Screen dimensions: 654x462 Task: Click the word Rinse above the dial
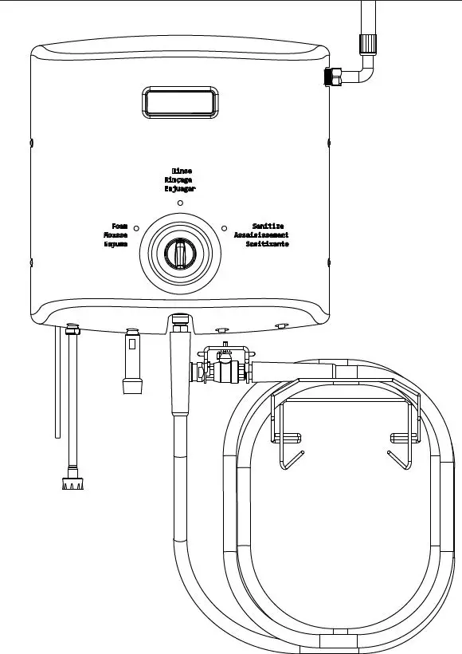pos(182,171)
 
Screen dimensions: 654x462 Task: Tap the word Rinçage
pos(181,180)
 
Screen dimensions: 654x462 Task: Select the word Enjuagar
pos(180,190)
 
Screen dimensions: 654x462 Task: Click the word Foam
pos(120,227)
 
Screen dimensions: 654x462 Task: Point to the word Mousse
pos(116,235)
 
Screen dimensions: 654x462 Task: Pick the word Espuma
pos(116,244)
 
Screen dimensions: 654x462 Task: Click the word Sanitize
pos(268,227)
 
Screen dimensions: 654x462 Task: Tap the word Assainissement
pos(261,235)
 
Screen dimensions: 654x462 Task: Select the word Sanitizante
pos(267,244)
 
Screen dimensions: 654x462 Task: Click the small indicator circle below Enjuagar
pos(180,203)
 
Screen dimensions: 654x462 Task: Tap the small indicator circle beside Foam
pos(137,228)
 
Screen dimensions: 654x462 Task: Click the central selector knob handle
pos(179,255)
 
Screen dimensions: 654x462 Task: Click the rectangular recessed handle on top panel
pos(179,103)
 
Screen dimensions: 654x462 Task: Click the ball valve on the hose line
pos(224,370)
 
